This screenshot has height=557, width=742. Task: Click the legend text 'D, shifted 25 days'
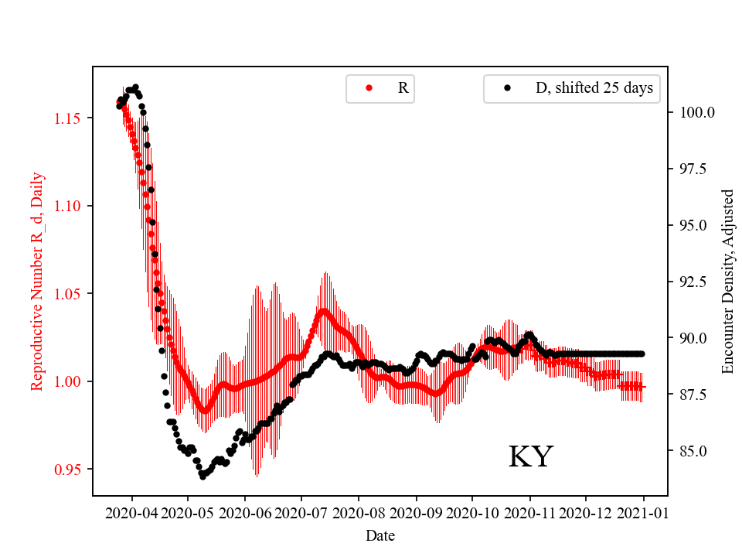(594, 88)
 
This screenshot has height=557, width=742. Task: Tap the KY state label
(530, 457)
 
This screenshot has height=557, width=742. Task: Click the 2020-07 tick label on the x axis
(301, 512)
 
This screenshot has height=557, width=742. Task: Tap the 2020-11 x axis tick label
(530, 512)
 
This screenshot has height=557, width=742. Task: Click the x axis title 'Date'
(381, 535)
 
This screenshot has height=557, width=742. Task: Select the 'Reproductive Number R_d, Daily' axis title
(36, 281)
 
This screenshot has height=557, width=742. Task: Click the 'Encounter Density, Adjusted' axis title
(727, 281)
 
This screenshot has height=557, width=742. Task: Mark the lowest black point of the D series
(203, 477)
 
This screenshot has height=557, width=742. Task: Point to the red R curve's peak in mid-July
(323, 312)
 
